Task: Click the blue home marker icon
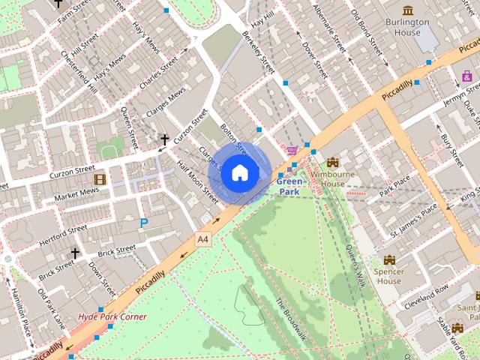(239, 172)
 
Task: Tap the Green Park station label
(289, 187)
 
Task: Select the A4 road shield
(202, 238)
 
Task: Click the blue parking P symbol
(143, 222)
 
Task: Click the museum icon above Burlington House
(407, 10)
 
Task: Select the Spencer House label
(388, 275)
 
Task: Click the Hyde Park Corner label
(112, 316)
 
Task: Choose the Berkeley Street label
(259, 53)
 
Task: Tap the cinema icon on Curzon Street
(100, 179)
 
